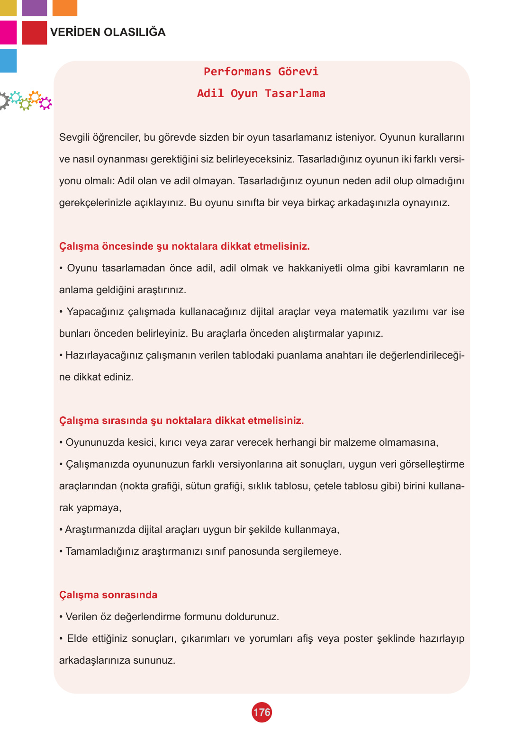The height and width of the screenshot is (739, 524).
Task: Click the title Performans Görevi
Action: pyautogui.click(x=261, y=72)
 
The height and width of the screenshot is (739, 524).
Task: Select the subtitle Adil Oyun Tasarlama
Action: pyautogui.click(x=261, y=93)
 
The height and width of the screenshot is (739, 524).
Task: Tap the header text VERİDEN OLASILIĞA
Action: pyautogui.click(x=108, y=32)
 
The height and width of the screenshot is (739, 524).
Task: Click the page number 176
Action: pyautogui.click(x=262, y=712)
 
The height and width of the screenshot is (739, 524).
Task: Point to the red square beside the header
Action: pyautogui.click(x=35, y=33)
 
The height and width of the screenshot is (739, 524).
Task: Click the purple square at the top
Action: pyautogui.click(x=35, y=8)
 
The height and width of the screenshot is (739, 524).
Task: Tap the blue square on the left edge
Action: pyautogui.click(x=8, y=61)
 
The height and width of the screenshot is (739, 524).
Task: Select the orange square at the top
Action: pyautogui.click(x=65, y=8)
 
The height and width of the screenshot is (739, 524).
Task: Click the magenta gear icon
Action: pyautogui.click(x=45, y=103)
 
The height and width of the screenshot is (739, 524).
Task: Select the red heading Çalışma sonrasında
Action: pyautogui.click(x=108, y=595)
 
